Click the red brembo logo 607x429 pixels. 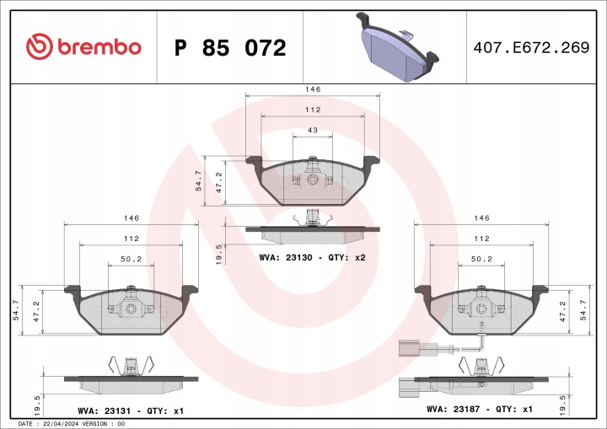click(83, 47)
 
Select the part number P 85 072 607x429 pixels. click(230, 48)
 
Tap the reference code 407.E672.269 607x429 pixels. click(531, 47)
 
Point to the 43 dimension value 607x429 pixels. click(313, 130)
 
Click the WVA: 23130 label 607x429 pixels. click(286, 257)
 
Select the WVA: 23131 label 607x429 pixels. click(105, 410)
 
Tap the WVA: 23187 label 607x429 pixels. click(454, 409)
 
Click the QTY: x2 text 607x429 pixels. click(346, 257)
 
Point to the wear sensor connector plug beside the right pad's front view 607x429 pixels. click(409, 348)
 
